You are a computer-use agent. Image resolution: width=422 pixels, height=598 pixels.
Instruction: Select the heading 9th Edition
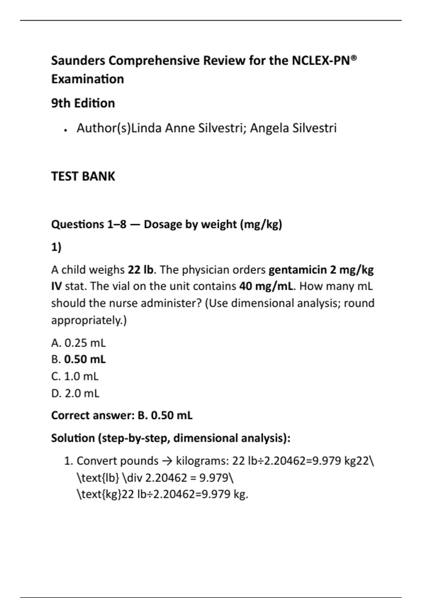coord(83,103)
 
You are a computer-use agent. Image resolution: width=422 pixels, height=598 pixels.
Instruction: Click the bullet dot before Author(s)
coord(65,130)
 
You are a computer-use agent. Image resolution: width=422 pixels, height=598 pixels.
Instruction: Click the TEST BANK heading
coord(83,176)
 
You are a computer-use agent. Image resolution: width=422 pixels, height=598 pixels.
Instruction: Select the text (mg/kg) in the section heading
coord(261,224)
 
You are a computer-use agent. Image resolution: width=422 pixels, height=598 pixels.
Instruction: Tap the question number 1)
coord(56,247)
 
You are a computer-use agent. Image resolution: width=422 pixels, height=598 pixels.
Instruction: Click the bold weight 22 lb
coord(141,270)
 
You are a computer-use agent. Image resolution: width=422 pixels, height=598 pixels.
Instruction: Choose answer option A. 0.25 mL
coord(78,343)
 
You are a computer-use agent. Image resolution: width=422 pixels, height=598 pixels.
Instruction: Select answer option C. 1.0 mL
coord(75,376)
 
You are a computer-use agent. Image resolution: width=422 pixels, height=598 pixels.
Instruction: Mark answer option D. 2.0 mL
coord(75,393)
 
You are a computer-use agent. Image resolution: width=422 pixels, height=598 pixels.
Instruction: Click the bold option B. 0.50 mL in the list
coord(78,360)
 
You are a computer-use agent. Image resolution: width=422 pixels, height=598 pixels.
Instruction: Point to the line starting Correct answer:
coord(122,415)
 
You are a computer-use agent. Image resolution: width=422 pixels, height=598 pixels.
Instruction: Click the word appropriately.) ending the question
coord(89,320)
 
